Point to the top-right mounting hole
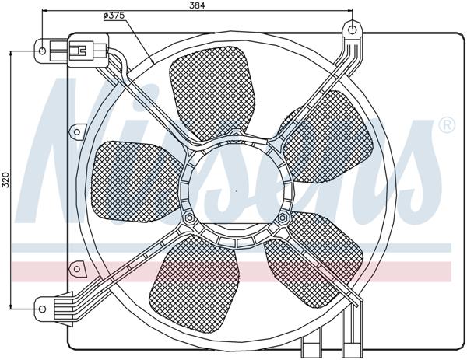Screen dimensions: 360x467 click(353, 30)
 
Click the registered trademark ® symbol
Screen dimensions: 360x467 click(447, 124)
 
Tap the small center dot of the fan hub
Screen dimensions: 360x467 click(236, 189)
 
